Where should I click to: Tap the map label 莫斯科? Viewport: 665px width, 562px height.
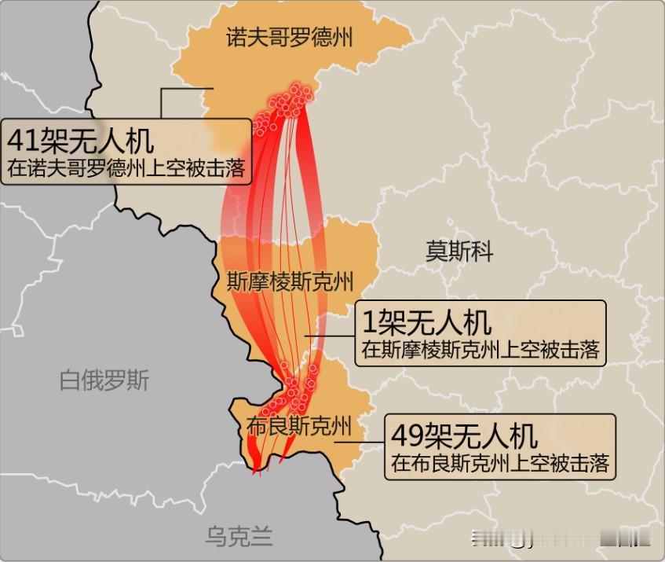pos(459,252)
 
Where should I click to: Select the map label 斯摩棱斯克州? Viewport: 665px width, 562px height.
pos(290,281)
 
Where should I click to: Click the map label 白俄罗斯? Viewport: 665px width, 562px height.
pos(104,381)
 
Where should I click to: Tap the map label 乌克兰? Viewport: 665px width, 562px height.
pos(239,537)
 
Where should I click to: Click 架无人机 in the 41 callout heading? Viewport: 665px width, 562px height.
pos(97,141)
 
